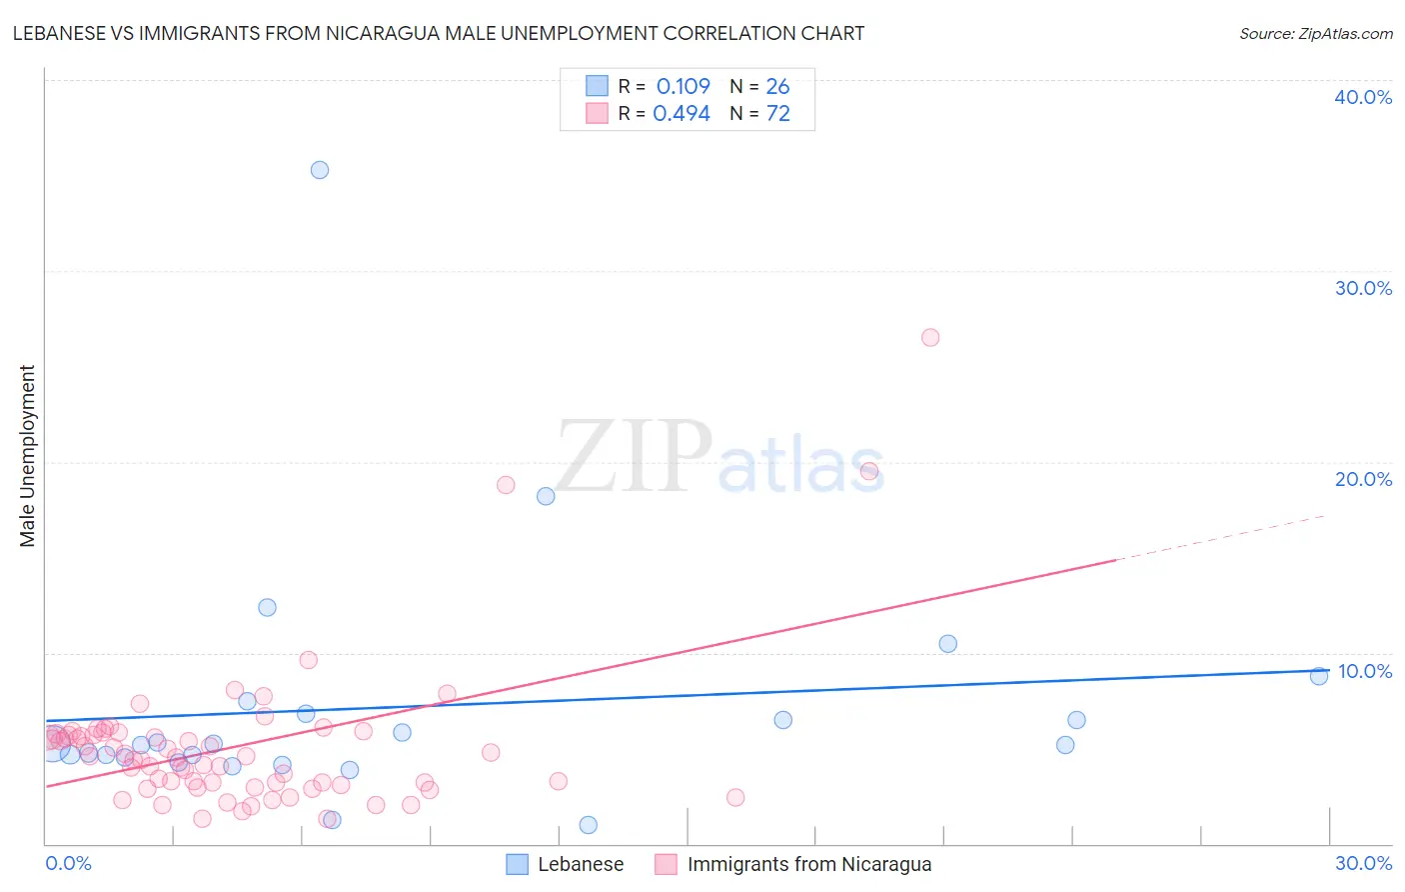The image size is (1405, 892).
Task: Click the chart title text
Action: tap(439, 33)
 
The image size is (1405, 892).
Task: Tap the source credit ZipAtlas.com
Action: tap(1315, 33)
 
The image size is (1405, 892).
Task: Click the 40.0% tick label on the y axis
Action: tap(1363, 97)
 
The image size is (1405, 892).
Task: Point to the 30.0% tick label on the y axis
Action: tap(1363, 288)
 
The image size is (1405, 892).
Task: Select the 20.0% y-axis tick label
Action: tap(1363, 479)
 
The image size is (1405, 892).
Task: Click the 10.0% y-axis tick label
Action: tap(1365, 671)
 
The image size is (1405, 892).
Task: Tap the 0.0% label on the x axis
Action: tap(68, 863)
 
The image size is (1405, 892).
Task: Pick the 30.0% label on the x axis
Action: tap(1363, 863)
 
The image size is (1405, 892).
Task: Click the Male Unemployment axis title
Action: tap(27, 456)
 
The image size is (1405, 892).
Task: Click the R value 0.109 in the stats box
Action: tap(683, 87)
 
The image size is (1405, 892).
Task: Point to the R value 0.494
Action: tap(682, 114)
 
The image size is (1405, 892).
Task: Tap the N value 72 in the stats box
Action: tap(777, 114)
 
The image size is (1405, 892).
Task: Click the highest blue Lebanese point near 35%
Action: tap(320, 170)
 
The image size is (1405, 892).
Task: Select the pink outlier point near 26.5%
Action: tap(930, 337)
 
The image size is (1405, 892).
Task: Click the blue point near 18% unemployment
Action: tap(546, 496)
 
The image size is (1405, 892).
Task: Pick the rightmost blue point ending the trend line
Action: tap(1319, 676)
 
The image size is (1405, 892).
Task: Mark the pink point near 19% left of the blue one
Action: tap(506, 485)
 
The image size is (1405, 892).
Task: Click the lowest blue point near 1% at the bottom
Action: tap(589, 825)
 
